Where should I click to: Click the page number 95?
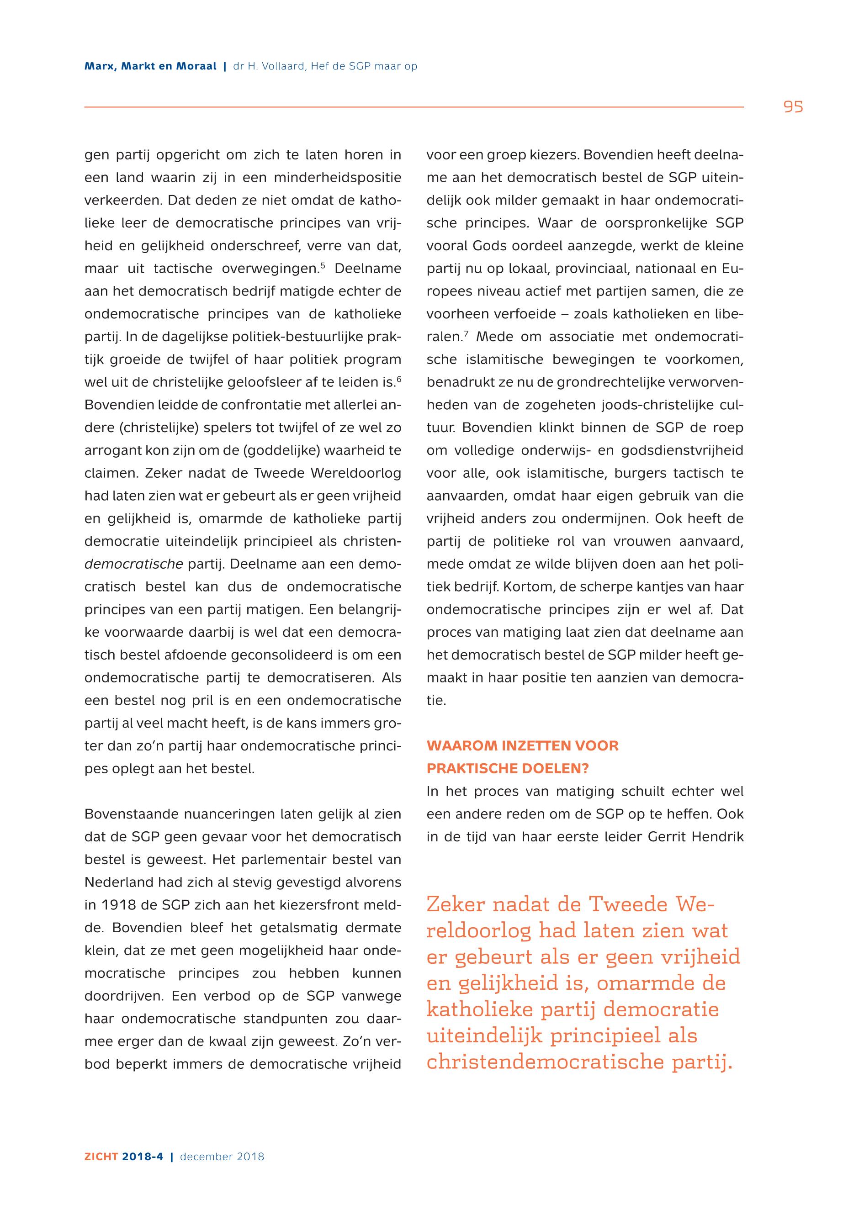[x=793, y=107]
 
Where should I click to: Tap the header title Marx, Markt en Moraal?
[x=150, y=67]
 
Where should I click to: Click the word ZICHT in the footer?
[x=101, y=1157]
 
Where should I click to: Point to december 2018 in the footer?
[x=222, y=1157]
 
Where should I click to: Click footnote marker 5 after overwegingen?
[x=323, y=265]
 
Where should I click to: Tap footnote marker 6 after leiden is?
[x=399, y=379]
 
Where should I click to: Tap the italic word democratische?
[x=133, y=565]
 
